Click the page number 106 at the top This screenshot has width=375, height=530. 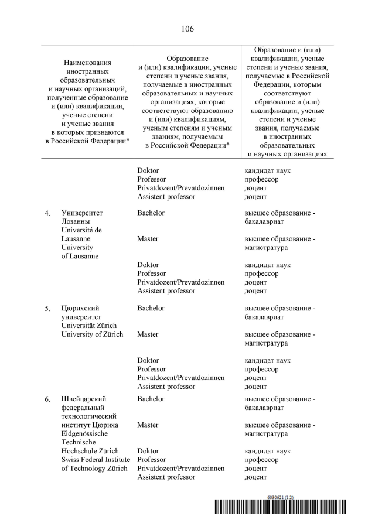tap(187, 29)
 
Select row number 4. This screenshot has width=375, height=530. tap(47, 213)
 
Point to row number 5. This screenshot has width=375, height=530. tap(47, 308)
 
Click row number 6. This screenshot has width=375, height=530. tap(47, 399)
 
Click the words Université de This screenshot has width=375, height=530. tap(81, 230)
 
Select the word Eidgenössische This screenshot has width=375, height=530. tap(86, 433)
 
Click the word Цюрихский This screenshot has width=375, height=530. tap(81, 308)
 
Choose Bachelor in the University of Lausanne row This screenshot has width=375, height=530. tap(151, 213)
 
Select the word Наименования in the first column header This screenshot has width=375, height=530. tap(88, 62)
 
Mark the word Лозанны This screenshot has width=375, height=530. tap(76, 221)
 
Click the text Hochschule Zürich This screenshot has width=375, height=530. tap(90, 451)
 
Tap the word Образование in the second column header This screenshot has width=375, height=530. tap(187, 59)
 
